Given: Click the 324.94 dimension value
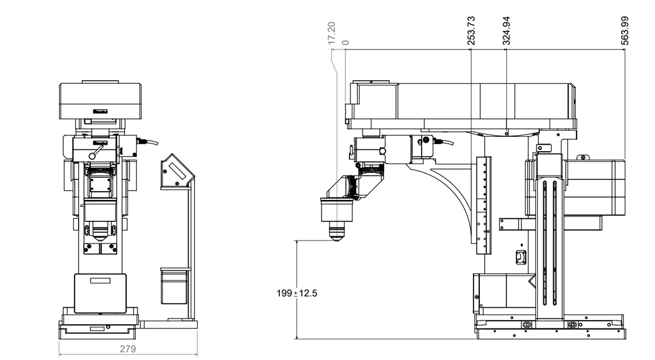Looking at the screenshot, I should click(x=507, y=31).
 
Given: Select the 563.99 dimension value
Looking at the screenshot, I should click(x=624, y=30).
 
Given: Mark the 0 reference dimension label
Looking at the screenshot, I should click(x=345, y=42).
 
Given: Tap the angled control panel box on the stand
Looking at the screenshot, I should click(x=175, y=173).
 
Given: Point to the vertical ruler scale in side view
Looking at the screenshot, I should click(x=484, y=202).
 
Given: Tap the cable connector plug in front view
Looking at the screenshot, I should click(x=145, y=142).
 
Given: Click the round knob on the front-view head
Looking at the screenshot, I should click(x=93, y=154).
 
